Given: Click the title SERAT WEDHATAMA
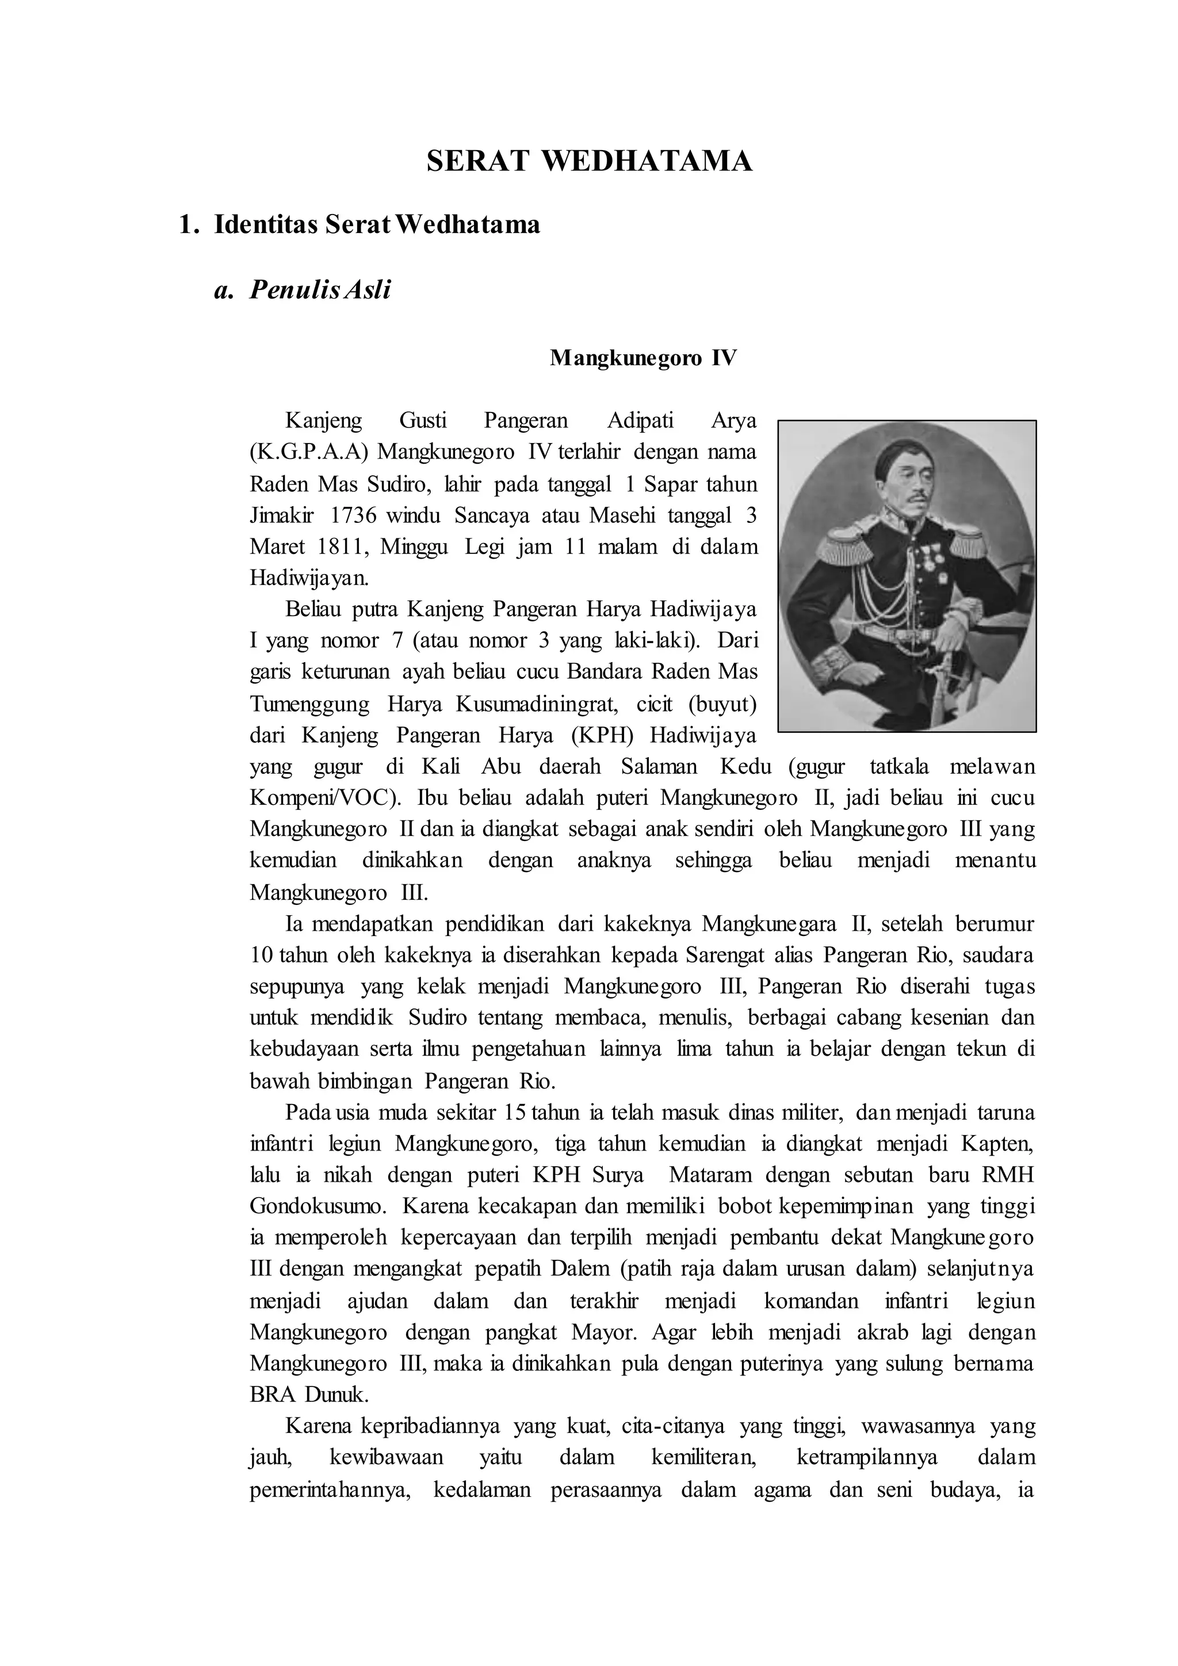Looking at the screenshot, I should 589,161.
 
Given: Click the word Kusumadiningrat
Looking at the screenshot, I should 534,704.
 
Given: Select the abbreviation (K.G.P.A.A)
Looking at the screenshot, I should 309,452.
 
